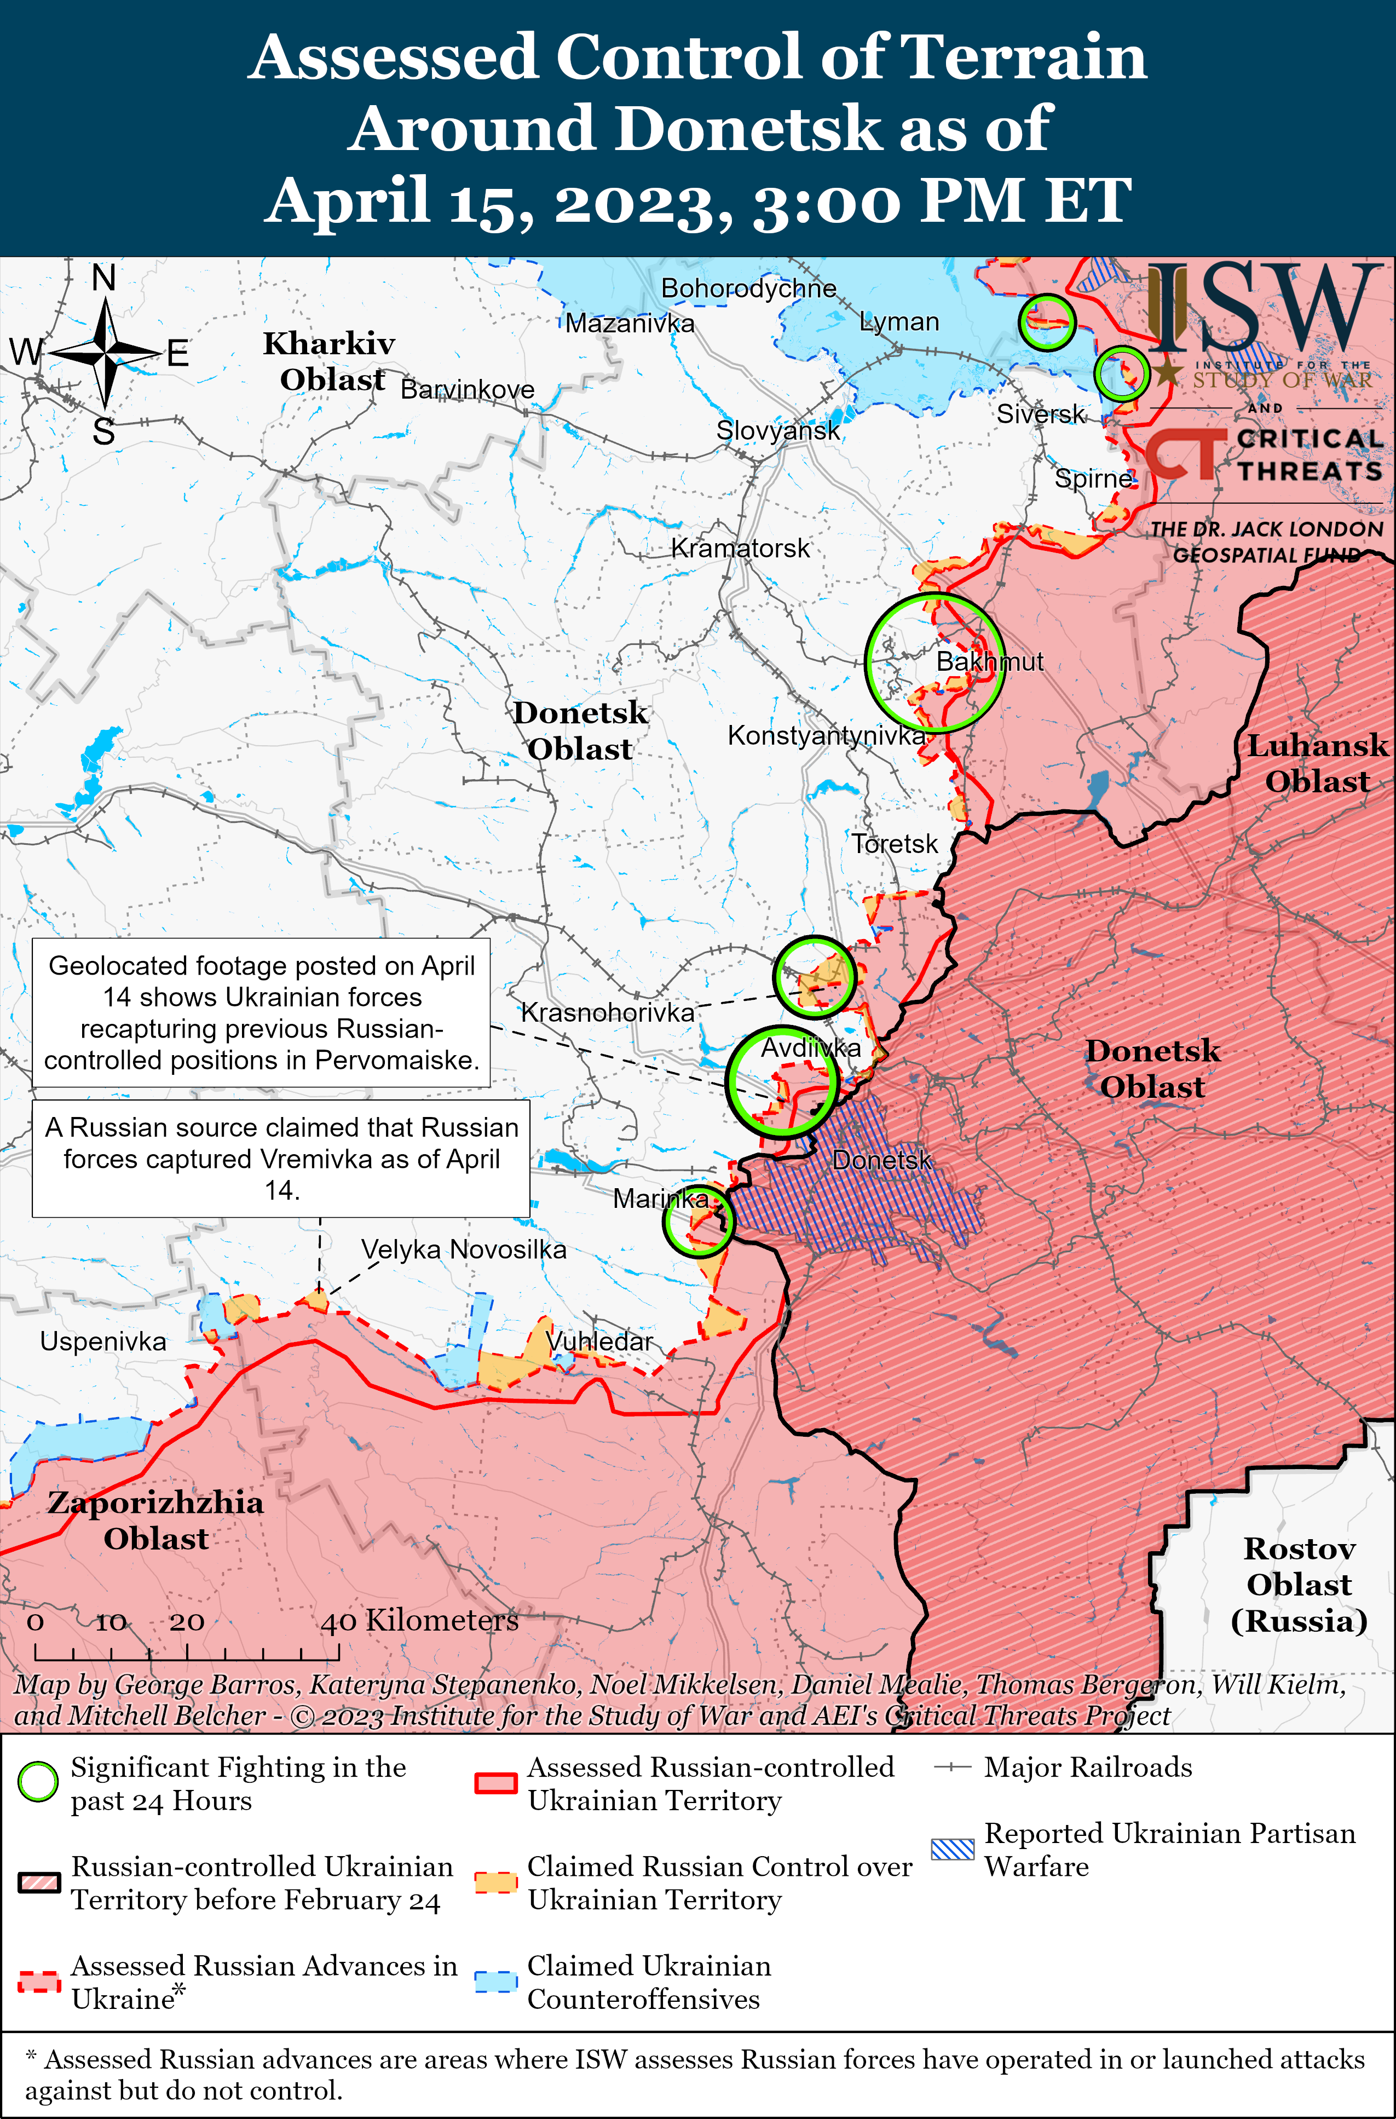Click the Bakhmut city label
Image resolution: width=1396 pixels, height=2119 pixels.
[x=989, y=661]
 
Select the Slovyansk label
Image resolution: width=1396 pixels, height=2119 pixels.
[x=778, y=431]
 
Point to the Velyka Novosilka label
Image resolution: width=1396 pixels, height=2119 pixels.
[x=463, y=1249]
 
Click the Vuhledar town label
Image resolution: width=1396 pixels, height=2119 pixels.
[x=599, y=1341]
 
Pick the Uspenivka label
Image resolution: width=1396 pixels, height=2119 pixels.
[x=103, y=1341]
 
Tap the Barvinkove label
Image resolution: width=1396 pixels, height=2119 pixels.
[x=468, y=390]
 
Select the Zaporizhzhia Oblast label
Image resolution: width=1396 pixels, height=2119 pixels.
[x=156, y=1520]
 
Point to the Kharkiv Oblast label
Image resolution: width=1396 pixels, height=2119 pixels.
[x=330, y=361]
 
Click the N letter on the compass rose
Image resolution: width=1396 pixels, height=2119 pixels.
[x=104, y=279]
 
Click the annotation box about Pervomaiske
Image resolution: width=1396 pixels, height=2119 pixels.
[x=261, y=1012]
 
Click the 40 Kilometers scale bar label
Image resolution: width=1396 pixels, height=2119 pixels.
[x=419, y=1620]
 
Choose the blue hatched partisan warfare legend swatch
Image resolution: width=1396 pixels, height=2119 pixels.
[x=953, y=1849]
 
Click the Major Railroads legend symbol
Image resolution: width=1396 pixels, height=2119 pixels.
[x=951, y=1767]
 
